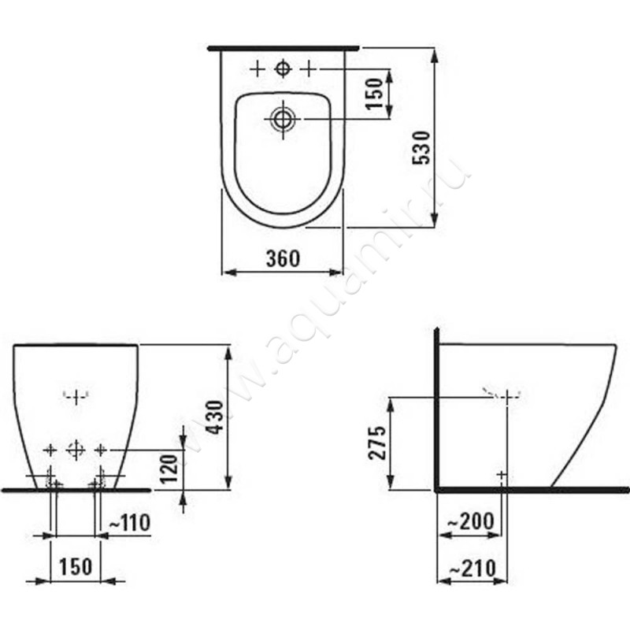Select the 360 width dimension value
[283, 258]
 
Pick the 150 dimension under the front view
[76, 566]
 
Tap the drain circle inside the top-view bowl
[283, 119]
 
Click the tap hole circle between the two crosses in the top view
[283, 69]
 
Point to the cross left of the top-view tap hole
[258, 69]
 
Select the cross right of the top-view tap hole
[309, 69]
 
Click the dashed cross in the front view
[76, 396]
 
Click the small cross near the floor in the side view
[502, 474]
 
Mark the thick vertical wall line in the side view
[435, 409]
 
